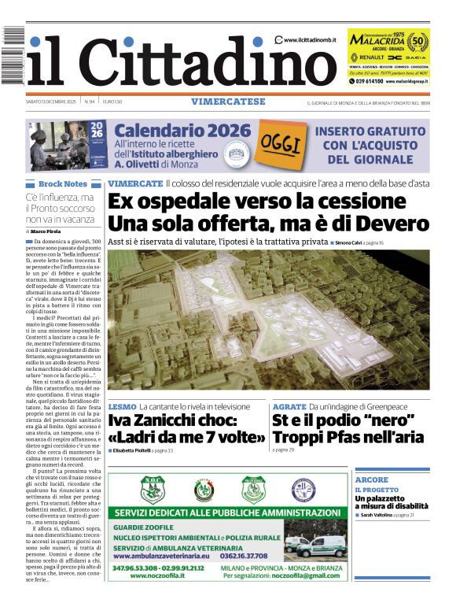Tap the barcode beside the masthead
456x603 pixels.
pos(13,54)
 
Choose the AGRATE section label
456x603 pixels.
pos(289,406)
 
